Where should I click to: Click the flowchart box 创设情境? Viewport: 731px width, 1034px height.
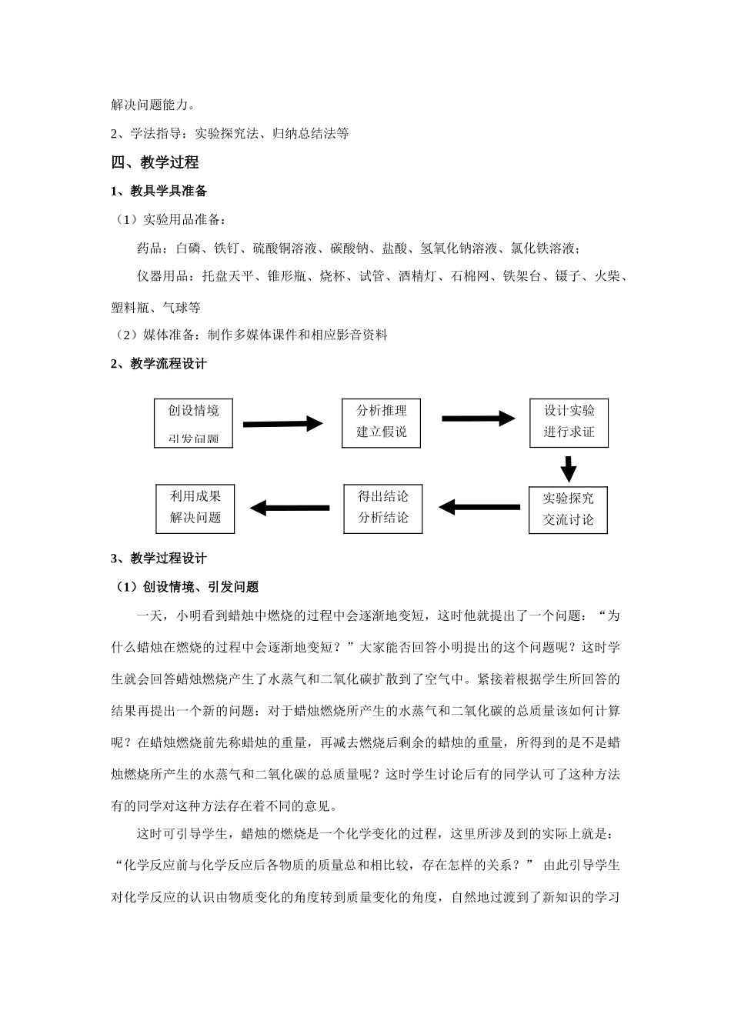[x=193, y=422]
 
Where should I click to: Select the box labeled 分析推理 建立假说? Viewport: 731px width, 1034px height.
[x=381, y=422]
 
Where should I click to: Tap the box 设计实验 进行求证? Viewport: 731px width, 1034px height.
[x=569, y=422]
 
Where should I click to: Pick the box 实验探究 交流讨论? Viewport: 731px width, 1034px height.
[x=568, y=509]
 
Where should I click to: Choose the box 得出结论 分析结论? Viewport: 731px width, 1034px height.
[x=382, y=508]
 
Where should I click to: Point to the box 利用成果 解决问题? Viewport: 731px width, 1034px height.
[x=195, y=508]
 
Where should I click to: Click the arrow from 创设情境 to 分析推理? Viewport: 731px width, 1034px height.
[x=282, y=423]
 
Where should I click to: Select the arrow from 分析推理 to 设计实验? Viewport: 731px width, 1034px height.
[x=478, y=419]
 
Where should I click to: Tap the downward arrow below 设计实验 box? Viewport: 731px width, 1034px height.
[x=569, y=469]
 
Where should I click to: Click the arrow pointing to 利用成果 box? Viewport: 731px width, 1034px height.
[x=289, y=508]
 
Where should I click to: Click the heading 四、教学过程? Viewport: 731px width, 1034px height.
[x=155, y=162]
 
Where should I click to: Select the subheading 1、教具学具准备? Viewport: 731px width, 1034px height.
[x=159, y=191]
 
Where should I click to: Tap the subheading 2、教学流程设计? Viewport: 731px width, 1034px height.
[x=159, y=364]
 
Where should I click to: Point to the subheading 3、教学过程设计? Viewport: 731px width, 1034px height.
[x=159, y=559]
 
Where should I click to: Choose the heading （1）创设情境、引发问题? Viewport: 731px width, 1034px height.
[x=187, y=587]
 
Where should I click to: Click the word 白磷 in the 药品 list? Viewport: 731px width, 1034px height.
[x=189, y=248]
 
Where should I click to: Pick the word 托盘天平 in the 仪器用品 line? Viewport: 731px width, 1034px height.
[x=228, y=276]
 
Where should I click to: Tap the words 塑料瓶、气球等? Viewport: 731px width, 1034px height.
[x=156, y=308]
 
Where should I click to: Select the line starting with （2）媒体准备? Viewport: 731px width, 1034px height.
[x=250, y=335]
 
